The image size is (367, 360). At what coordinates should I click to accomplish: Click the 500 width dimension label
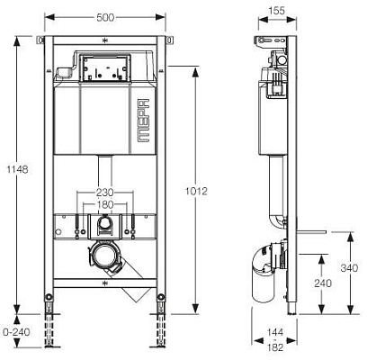105,17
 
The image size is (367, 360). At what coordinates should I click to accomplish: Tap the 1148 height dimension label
17,169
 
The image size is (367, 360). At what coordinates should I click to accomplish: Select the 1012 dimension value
196,191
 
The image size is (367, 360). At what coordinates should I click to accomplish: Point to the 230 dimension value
104,192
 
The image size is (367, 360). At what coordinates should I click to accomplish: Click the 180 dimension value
105,204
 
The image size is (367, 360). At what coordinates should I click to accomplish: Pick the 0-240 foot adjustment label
16,332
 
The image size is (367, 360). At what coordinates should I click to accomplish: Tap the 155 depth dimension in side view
276,11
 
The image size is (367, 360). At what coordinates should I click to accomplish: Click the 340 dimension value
349,267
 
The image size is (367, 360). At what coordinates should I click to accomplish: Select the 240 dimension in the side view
323,283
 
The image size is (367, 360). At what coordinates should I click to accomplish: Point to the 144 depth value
275,332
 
